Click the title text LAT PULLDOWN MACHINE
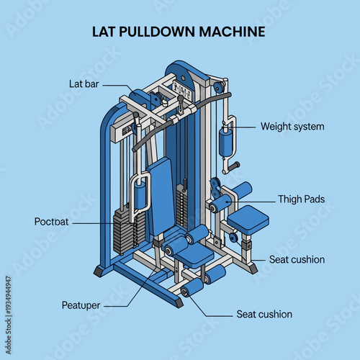click(179, 32)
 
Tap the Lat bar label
click(84, 84)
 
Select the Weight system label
click(292, 127)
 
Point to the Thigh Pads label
click(301, 199)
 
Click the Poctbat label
click(51, 222)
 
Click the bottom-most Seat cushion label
click(264, 315)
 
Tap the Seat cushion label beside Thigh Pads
click(297, 259)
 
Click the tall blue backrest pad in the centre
click(161, 194)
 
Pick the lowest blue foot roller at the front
click(192, 288)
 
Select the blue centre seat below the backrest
click(192, 254)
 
